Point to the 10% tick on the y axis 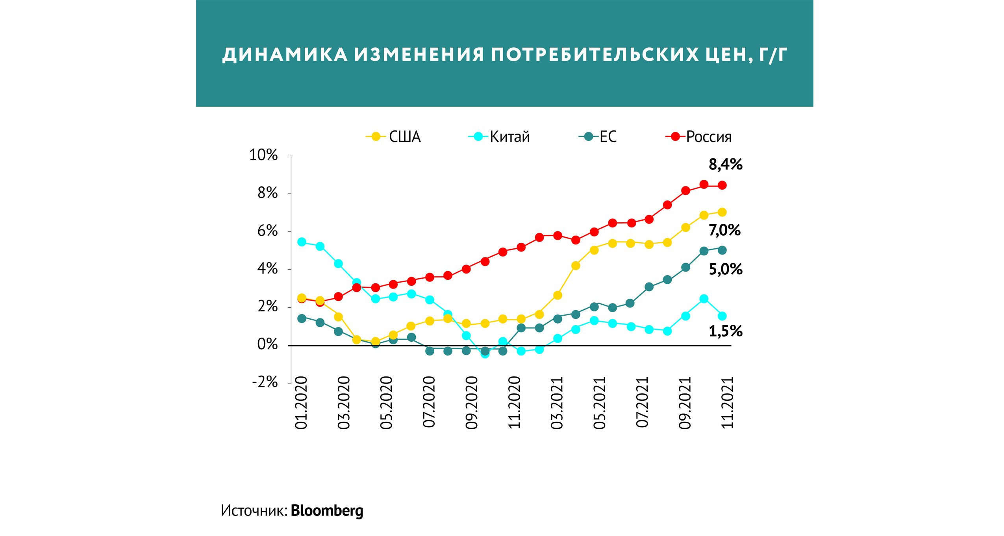click(x=263, y=155)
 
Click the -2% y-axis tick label click(x=265, y=382)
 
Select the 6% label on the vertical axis click(x=267, y=231)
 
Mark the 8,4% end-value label click(x=725, y=164)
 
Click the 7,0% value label click(x=724, y=230)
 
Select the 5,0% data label click(x=725, y=270)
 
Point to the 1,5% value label click(x=725, y=331)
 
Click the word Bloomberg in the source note click(x=327, y=511)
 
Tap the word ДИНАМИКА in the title click(x=285, y=54)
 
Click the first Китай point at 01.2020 click(x=302, y=242)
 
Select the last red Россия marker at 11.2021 click(x=722, y=185)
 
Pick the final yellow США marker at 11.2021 click(x=722, y=212)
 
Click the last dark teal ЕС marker click(x=722, y=250)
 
